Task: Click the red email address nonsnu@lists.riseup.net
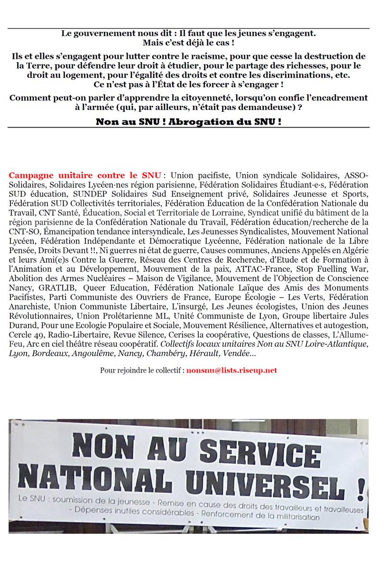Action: pyautogui.click(x=231, y=370)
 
